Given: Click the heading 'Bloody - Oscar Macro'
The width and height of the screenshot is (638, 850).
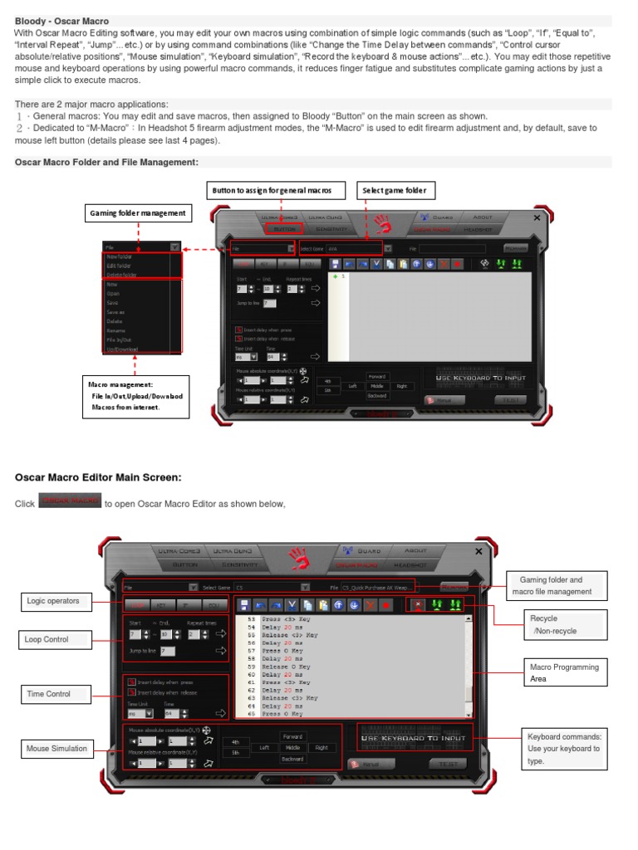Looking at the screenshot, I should tap(62, 20).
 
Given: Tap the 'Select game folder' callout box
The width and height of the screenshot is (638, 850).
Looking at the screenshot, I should tap(395, 190).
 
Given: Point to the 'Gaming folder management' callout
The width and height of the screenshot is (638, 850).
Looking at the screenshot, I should tap(138, 213).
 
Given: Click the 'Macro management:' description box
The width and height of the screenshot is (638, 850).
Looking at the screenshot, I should tap(135, 396).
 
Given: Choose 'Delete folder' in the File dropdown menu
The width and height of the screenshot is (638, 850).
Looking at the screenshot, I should tap(122, 275).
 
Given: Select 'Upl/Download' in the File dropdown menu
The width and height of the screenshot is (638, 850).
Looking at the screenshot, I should tap(121, 349).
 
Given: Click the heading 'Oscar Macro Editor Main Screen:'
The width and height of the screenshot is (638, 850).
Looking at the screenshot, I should tap(98, 476).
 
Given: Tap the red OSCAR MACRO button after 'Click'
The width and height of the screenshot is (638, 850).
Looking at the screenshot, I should tap(70, 501).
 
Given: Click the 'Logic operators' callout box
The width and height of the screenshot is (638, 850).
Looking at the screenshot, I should tap(53, 601).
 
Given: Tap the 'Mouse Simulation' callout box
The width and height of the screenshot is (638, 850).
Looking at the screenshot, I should tap(57, 749).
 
